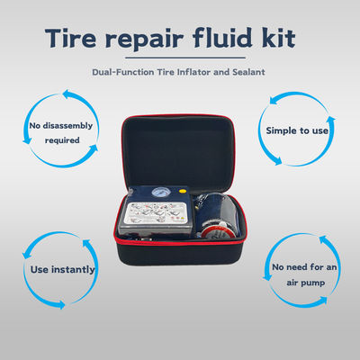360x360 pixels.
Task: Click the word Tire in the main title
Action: [x=71, y=38]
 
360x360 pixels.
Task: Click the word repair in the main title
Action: [x=144, y=40]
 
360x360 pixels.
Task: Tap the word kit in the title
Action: [x=279, y=37]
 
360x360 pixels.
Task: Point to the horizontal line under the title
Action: [x=185, y=58]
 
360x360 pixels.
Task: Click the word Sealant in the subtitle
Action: [x=248, y=72]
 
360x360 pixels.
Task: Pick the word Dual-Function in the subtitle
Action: [x=123, y=72]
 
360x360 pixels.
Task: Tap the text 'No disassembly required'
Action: [x=61, y=132]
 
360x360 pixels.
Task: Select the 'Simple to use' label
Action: [x=297, y=130]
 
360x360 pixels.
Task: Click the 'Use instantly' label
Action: [x=62, y=270]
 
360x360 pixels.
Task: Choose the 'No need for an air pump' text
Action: [x=304, y=274]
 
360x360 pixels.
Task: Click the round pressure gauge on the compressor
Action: [x=159, y=192]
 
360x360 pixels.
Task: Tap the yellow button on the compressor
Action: [x=181, y=191]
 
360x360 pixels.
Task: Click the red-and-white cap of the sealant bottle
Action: [x=215, y=233]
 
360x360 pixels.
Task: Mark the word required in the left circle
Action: [x=62, y=140]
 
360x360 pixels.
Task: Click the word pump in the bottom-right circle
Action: [x=313, y=283]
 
